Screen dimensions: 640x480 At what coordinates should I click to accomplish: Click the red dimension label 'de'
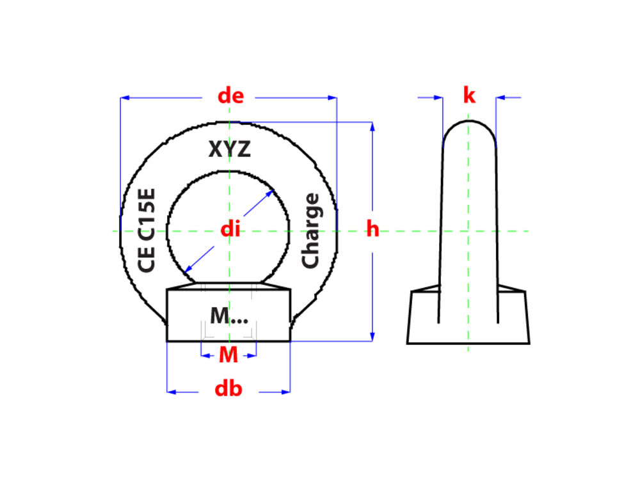click(230, 96)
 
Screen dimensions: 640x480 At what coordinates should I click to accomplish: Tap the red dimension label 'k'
click(469, 95)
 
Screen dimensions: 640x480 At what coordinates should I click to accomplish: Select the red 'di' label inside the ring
click(230, 229)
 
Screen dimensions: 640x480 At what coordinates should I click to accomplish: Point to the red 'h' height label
click(372, 228)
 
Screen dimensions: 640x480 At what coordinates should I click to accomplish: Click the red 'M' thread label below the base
click(228, 355)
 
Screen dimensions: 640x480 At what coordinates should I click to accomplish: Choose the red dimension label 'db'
click(228, 388)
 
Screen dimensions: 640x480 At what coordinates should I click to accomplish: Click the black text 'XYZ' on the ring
click(229, 149)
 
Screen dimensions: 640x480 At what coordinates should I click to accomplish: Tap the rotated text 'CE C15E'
click(147, 230)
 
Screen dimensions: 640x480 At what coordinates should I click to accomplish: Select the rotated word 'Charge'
click(310, 230)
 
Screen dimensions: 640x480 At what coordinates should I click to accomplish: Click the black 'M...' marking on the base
click(229, 316)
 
